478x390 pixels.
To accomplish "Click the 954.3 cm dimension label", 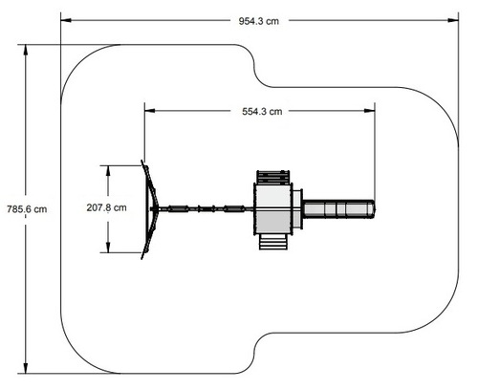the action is [x=259, y=21].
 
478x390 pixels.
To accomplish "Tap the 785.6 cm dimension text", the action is [x=27, y=209].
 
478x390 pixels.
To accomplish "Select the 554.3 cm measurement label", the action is [x=262, y=112].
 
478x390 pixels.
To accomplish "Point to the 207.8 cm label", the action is [x=106, y=207].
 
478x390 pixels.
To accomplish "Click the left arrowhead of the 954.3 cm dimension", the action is [x=66, y=20].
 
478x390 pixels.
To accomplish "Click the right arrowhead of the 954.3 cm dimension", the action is [x=453, y=20].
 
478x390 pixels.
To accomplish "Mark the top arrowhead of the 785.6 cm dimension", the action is [x=26, y=51].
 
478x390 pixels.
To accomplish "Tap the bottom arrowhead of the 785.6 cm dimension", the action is [x=26, y=368].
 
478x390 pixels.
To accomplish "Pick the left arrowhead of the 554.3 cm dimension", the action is [x=150, y=111].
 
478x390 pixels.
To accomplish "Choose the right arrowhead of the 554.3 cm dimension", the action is [x=370, y=111].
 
